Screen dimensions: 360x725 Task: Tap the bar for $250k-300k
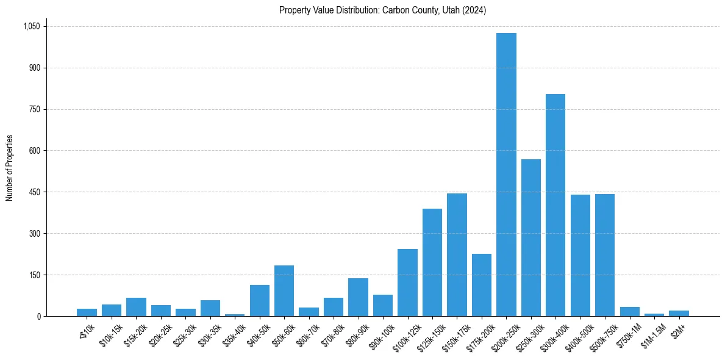(530, 237)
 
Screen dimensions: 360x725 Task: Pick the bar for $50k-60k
(284, 290)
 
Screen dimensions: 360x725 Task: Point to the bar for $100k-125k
(407, 283)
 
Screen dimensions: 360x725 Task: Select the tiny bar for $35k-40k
(235, 315)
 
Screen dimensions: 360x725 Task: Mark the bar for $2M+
(679, 313)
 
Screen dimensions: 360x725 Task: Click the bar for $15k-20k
(136, 307)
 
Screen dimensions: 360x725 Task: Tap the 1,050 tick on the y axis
(31, 26)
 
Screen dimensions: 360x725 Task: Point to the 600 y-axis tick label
(34, 151)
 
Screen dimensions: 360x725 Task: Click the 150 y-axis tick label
(34, 275)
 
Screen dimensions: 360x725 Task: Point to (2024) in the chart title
(475, 10)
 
